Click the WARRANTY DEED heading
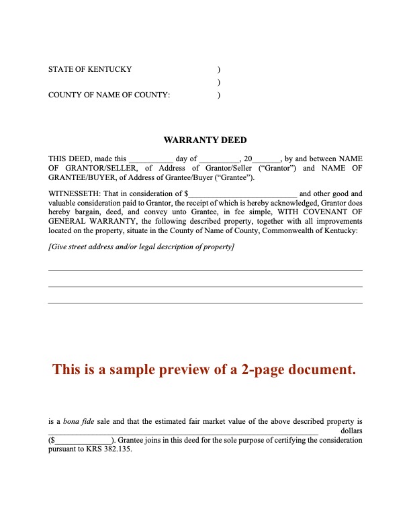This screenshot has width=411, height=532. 205,140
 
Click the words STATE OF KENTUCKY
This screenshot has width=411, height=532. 90,69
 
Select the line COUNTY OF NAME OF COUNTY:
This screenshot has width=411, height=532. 109,95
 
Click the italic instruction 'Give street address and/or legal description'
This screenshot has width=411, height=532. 142,247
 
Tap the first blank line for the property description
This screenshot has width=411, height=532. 205,269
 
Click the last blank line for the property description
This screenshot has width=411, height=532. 205,302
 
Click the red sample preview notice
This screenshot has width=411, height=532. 203,369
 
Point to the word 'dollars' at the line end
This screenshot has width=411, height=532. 351,431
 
